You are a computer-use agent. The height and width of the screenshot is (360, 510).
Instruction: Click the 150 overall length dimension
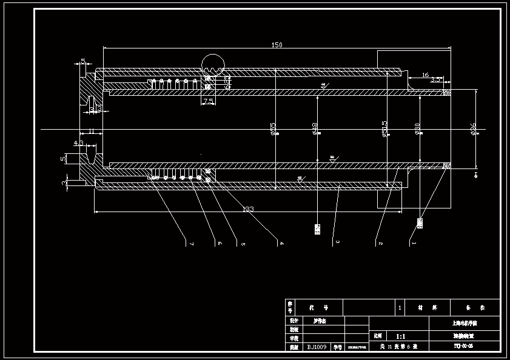pyautogui.click(x=277, y=45)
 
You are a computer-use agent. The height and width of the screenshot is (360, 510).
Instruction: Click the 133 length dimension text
pyautogui.click(x=247, y=209)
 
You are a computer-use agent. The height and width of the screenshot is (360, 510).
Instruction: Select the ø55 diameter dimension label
pyautogui.click(x=273, y=128)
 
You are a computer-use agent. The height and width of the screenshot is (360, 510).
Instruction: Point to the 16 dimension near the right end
pyautogui.click(x=425, y=75)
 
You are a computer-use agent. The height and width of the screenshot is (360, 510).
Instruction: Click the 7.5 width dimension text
pyautogui.click(x=208, y=102)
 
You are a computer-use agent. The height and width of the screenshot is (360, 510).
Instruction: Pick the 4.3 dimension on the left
pyautogui.click(x=79, y=144)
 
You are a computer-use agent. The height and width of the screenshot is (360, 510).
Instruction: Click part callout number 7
pyautogui.click(x=192, y=244)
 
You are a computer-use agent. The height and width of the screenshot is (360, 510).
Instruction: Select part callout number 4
pyautogui.click(x=281, y=244)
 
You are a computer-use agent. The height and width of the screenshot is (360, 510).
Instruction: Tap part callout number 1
pyautogui.click(x=414, y=244)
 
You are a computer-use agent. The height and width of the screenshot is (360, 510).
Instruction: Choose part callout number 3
pyautogui.click(x=337, y=244)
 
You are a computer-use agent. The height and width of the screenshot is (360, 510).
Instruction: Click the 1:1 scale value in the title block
pyautogui.click(x=401, y=336)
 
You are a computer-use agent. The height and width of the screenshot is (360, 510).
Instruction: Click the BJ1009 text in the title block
pyautogui.click(x=317, y=347)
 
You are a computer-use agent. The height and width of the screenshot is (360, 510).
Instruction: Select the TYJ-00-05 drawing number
pyautogui.click(x=463, y=347)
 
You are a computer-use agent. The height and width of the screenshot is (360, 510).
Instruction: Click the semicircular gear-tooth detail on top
pyautogui.click(x=213, y=64)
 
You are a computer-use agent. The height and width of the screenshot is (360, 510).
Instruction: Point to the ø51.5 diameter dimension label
pyautogui.click(x=384, y=128)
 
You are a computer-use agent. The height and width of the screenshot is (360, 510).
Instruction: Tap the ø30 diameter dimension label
pyautogui.click(x=417, y=128)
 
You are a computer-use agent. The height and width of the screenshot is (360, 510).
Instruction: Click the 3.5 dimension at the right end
pyautogui.click(x=436, y=79)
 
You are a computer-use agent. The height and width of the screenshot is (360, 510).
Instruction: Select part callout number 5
pyautogui.click(x=243, y=244)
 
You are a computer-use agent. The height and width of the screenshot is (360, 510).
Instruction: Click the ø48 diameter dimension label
pyautogui.click(x=315, y=128)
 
